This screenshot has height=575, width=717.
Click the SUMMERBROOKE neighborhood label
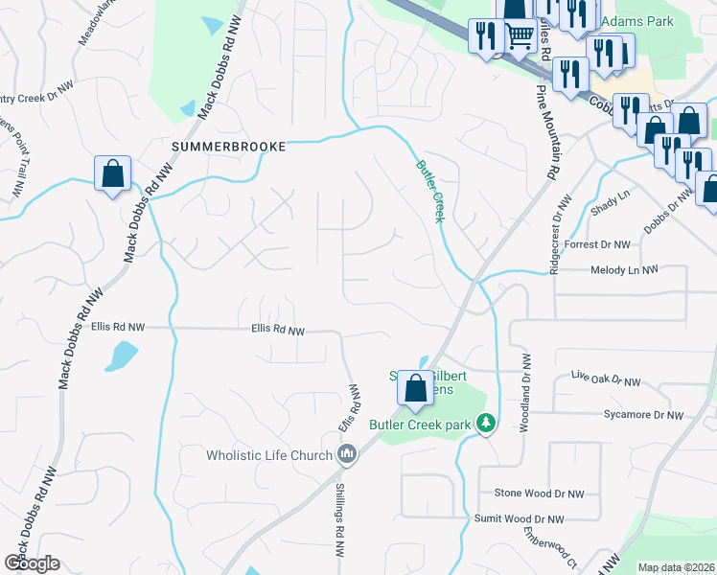(x=228, y=147)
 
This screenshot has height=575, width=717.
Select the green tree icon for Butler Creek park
(x=487, y=422)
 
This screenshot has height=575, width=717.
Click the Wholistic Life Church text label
(x=269, y=455)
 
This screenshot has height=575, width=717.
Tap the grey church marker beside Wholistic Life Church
(x=347, y=453)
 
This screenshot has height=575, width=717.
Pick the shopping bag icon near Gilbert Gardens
(x=415, y=389)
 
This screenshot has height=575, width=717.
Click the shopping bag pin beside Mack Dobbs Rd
(x=113, y=174)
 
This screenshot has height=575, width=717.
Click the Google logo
(x=31, y=563)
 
